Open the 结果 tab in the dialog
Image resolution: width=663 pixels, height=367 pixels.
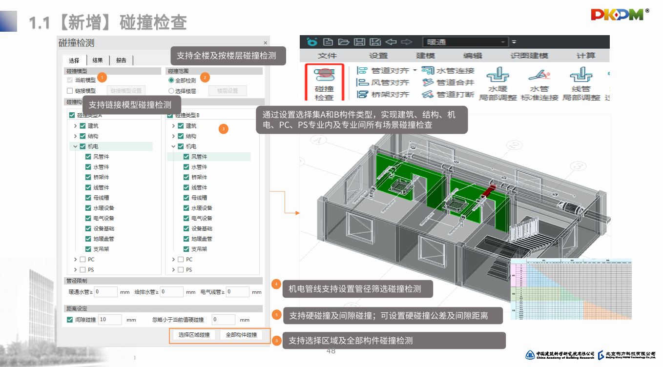pos(98,61)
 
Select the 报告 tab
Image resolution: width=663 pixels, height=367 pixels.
pos(121,61)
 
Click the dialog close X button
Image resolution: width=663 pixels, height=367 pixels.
pos(266,43)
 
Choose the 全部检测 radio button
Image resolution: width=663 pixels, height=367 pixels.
pos(171,80)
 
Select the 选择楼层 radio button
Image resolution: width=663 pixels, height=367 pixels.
pos(171,91)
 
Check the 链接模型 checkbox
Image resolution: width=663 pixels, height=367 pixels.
pos(70,91)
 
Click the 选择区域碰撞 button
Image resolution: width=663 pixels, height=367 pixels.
pos(194,335)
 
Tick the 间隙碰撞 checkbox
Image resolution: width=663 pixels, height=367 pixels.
pos(70,320)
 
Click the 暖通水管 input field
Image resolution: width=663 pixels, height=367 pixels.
pos(106,292)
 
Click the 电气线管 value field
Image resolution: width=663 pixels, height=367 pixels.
pos(237,292)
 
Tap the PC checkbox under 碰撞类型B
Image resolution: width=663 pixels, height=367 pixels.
pos(181,260)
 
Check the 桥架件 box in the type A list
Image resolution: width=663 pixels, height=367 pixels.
pos(88,177)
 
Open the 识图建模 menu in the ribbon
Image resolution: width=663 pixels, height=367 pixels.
pos(529,56)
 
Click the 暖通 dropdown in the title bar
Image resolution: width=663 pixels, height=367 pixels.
pos(464,42)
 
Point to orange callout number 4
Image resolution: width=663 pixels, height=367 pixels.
pos(276,284)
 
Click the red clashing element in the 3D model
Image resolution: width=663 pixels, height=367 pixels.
pos(489,192)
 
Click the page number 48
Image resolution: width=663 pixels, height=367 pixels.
pos(331,351)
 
